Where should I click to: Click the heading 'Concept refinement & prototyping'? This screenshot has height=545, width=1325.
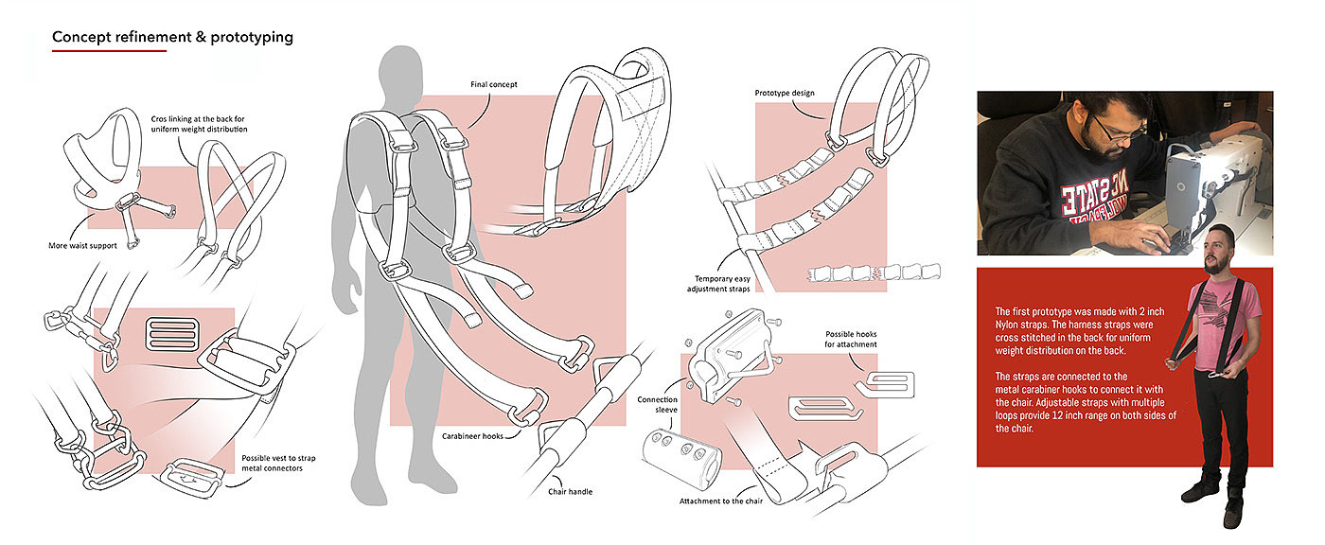click(x=172, y=37)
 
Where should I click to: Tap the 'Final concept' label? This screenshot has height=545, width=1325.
click(x=500, y=84)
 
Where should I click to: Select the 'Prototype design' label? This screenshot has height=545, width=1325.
click(x=785, y=93)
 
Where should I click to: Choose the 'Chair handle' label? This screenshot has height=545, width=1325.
click(x=572, y=491)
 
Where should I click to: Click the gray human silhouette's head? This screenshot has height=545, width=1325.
click(x=401, y=72)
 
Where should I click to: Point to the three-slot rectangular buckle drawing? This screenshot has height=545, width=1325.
click(x=173, y=333)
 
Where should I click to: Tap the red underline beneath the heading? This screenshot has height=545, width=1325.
click(x=109, y=51)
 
